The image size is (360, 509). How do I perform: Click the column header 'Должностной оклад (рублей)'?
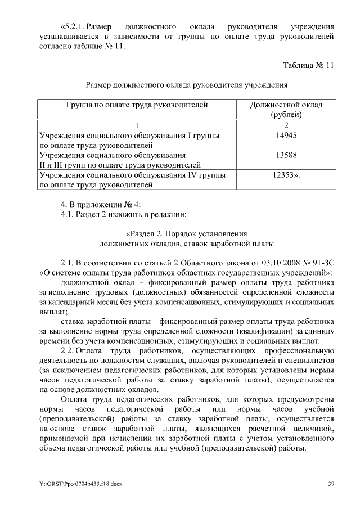click(x=286, y=110)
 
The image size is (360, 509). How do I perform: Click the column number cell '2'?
click(x=286, y=125)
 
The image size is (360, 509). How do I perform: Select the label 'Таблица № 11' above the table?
click(x=308, y=65)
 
